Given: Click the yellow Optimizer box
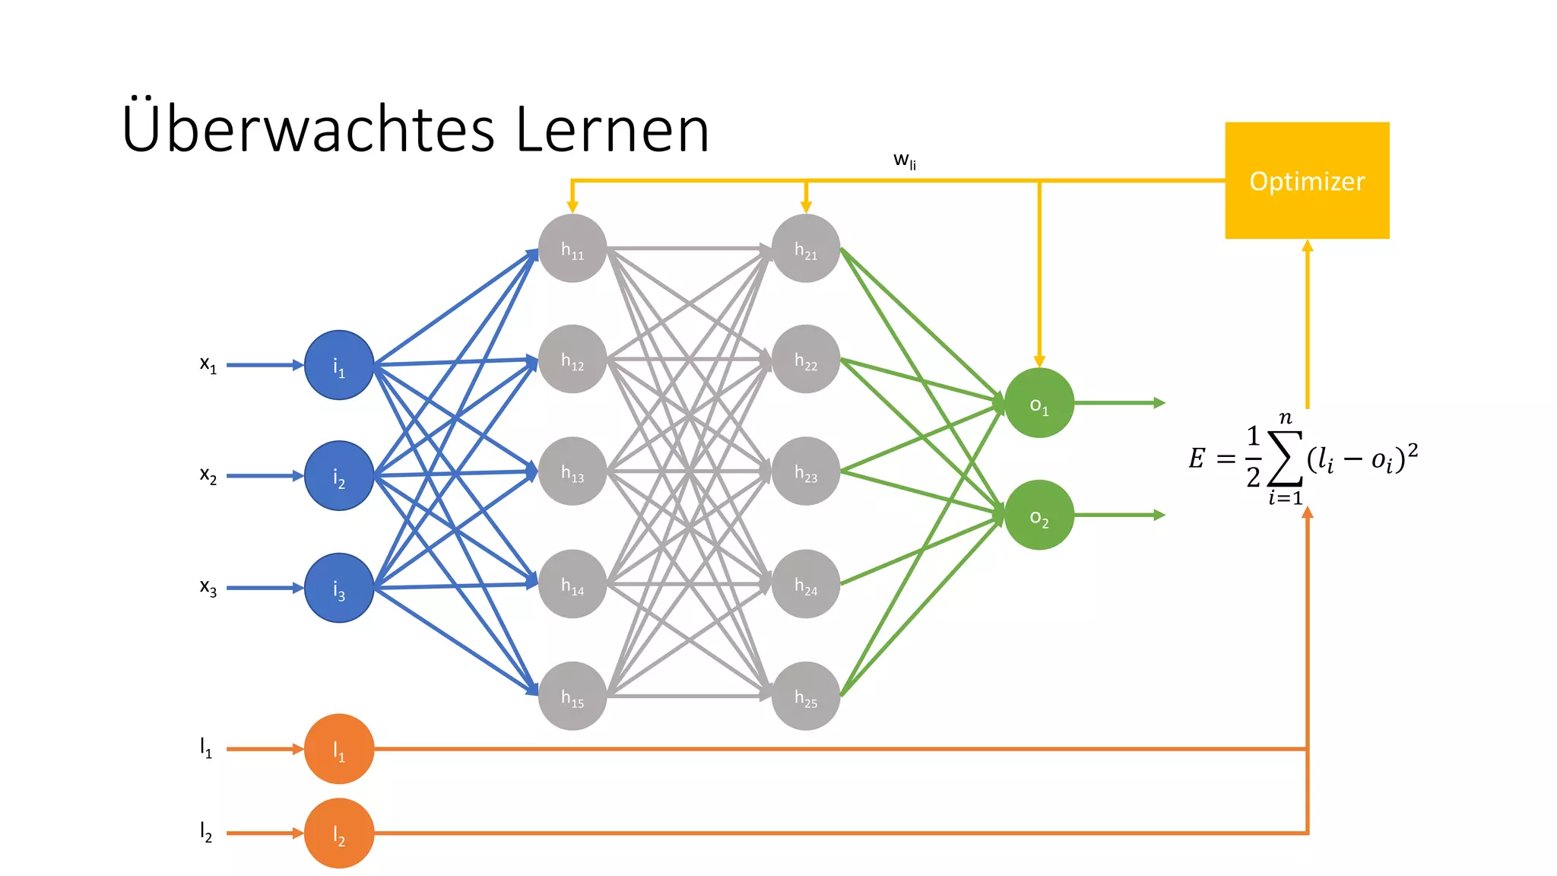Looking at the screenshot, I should click(1307, 181).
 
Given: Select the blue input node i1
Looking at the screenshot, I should click(339, 365).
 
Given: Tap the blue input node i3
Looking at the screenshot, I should click(339, 588).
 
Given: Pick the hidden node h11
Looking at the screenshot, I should click(572, 249).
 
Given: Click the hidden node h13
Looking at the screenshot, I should click(572, 471).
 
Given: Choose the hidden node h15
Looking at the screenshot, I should click(572, 696).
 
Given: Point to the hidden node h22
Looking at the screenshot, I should click(806, 360).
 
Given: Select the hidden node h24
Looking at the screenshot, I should click(806, 584).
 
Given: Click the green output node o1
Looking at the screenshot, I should click(1039, 403).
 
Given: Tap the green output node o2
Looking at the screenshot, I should click(1039, 515).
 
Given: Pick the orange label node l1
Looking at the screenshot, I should click(339, 749).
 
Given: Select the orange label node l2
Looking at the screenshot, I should click(339, 833).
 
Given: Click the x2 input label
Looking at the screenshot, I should click(208, 475).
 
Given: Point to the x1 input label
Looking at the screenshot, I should click(208, 365).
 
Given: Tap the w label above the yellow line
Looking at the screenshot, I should click(904, 160).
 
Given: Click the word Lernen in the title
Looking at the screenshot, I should click(612, 129).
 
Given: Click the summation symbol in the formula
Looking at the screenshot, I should click(1285, 459).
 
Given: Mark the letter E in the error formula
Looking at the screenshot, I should click(1197, 458).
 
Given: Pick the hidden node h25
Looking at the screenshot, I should click(806, 696).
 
